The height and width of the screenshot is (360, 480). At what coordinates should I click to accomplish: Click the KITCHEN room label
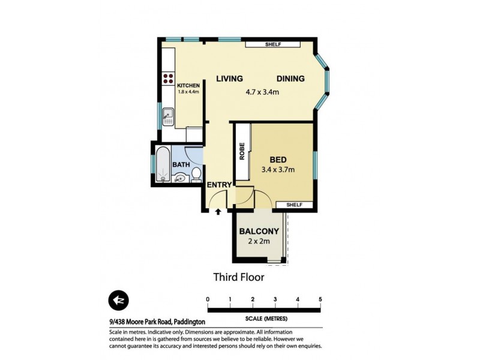pos(188,86)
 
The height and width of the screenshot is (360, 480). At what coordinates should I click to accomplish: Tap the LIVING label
pos(229,79)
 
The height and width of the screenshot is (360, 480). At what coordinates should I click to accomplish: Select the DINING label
pos(290,79)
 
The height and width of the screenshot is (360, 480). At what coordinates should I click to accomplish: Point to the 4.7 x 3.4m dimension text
pos(263,92)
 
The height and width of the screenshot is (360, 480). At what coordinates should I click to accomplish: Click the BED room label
pos(277,160)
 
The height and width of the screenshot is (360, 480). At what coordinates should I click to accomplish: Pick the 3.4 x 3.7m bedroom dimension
pos(277,171)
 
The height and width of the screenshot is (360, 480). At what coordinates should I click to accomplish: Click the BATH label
pos(181,164)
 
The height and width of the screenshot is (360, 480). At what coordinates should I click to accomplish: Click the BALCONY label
pos(259,232)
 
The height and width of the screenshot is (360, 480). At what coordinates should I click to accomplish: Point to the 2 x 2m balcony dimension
pos(259,242)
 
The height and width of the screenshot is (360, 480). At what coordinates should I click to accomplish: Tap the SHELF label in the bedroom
pos(294,205)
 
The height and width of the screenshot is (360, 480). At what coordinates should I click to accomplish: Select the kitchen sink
pos(169,114)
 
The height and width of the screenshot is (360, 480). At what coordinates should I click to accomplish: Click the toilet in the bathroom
pos(196,175)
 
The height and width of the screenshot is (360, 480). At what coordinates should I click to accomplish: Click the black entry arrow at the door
pos(218,211)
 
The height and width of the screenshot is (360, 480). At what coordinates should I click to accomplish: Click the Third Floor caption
pos(239,277)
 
